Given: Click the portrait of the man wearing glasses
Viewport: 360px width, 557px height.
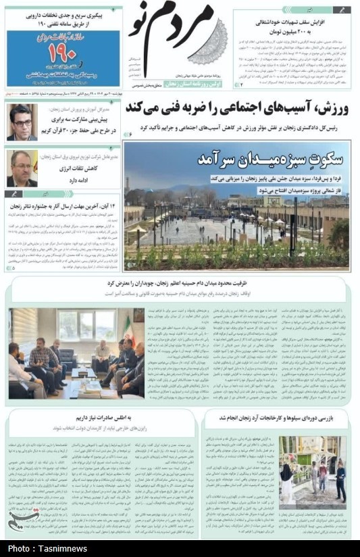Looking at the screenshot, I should point(22,122).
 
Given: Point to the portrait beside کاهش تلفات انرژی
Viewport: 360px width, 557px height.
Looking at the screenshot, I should point(22,168).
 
